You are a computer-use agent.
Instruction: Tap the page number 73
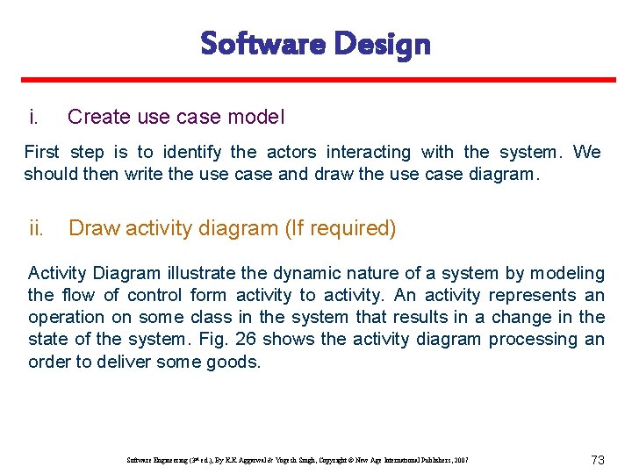(x=599, y=460)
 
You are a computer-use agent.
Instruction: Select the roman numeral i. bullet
(x=33, y=117)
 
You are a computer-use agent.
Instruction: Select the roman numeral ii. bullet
(x=36, y=228)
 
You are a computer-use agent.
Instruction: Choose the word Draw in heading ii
(x=94, y=228)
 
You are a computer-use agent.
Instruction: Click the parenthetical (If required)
(x=340, y=228)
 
